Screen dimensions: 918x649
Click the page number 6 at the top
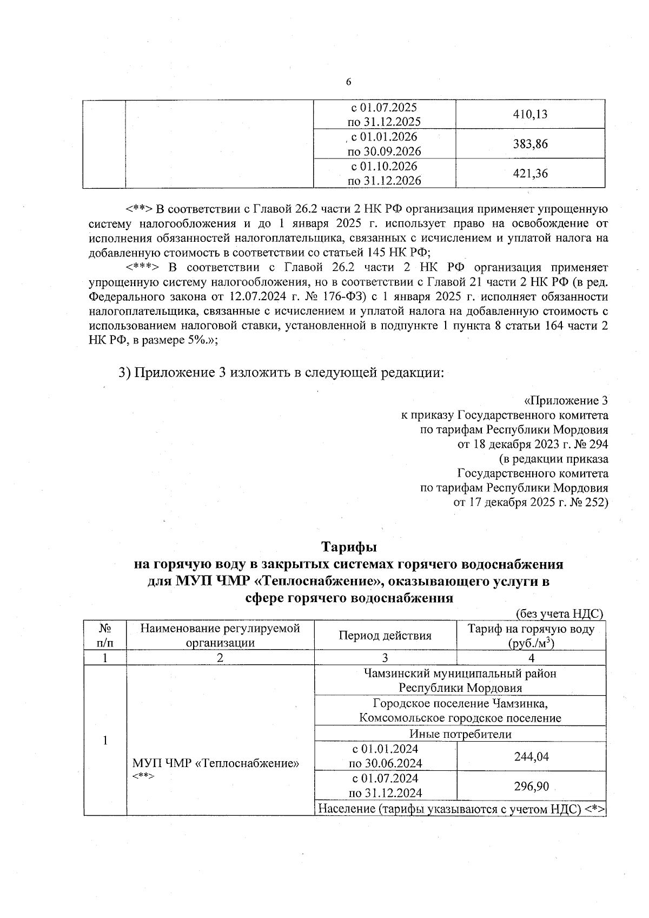click(348, 82)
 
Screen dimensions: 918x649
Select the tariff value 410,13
click(531, 114)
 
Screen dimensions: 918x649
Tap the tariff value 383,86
click(531, 144)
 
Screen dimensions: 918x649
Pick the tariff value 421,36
click(531, 174)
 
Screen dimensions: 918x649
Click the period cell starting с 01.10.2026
click(385, 173)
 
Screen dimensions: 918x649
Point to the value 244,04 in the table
click(531, 756)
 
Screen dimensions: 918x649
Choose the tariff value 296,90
click(531, 786)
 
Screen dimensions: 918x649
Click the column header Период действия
click(385, 636)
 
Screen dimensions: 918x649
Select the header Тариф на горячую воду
click(531, 629)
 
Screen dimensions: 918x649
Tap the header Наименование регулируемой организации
click(220, 636)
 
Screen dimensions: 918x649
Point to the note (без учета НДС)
click(559, 613)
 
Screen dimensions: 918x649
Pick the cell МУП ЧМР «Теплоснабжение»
click(216, 764)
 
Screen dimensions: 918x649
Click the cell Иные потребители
click(460, 734)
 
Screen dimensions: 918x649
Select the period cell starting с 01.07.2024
click(385, 785)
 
